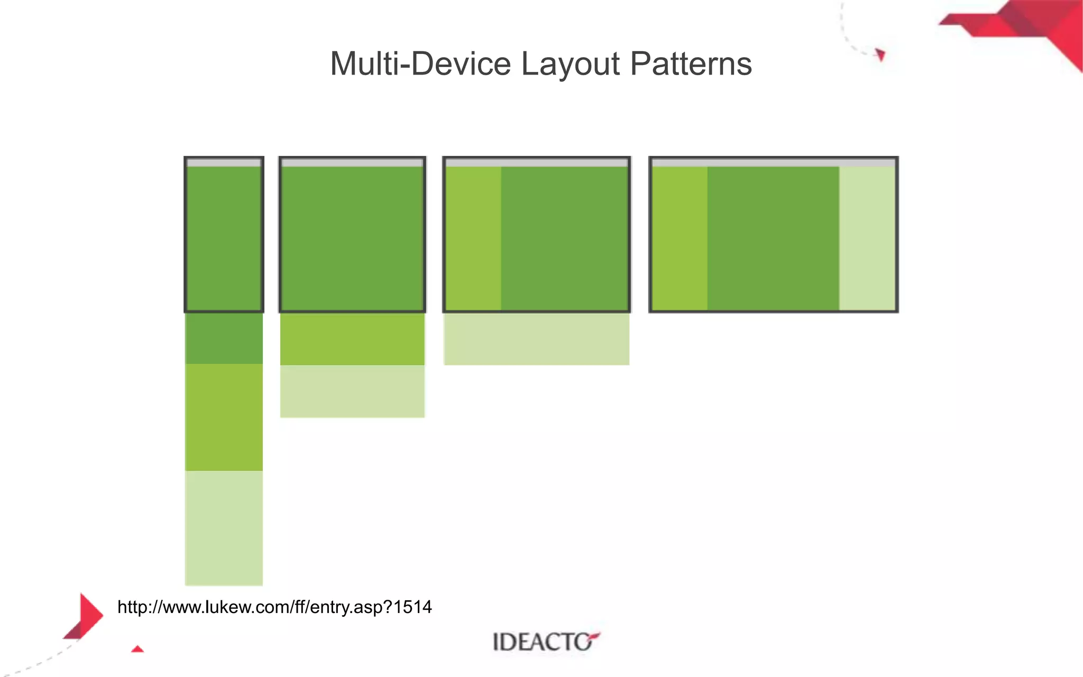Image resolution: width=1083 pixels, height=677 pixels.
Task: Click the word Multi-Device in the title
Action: [x=420, y=64]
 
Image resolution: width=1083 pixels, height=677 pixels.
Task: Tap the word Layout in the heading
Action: [x=570, y=64]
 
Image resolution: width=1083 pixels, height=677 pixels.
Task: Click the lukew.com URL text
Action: [x=274, y=607]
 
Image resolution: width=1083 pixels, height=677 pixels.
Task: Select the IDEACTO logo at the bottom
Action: [x=545, y=642]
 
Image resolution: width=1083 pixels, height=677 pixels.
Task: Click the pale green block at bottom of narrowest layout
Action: [x=224, y=528]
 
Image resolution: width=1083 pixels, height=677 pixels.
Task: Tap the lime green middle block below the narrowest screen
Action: [x=224, y=417]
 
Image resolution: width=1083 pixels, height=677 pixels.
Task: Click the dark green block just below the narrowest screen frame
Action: [x=224, y=338]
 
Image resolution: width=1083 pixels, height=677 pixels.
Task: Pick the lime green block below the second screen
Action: [x=352, y=339]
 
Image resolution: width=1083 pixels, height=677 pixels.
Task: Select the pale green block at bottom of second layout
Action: [x=352, y=391]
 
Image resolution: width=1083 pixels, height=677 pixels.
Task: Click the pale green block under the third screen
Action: [x=536, y=339]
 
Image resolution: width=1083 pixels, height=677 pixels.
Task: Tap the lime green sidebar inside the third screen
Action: [x=474, y=238]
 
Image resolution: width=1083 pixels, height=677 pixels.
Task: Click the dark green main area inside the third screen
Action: [x=564, y=238]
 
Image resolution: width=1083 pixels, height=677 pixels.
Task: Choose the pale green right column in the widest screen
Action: [x=867, y=238]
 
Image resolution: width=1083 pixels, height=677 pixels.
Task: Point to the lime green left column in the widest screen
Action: [x=680, y=238]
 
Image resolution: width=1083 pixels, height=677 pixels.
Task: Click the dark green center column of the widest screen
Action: [x=773, y=238]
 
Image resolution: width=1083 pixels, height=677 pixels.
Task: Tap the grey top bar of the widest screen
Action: [x=773, y=163]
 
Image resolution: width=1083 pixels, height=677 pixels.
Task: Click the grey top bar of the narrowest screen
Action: [x=224, y=163]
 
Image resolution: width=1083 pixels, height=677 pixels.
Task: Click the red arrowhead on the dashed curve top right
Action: [x=880, y=54]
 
